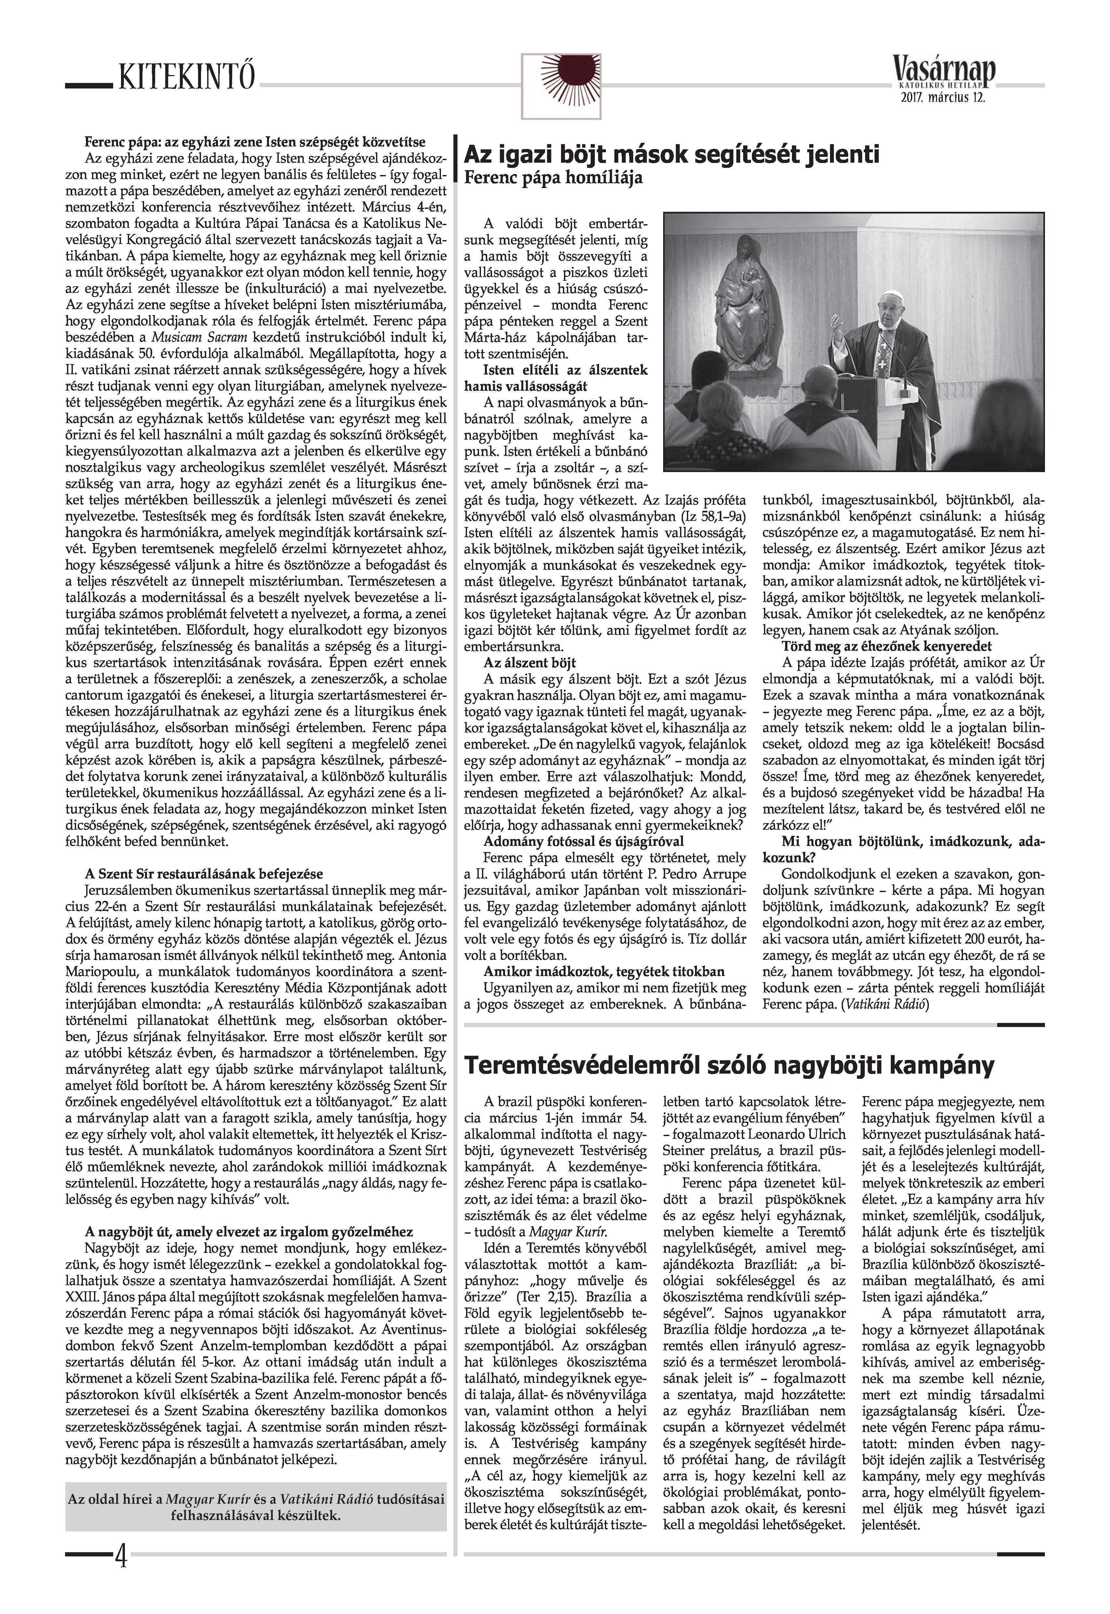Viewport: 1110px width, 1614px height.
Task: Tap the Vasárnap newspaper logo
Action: point(944,71)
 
